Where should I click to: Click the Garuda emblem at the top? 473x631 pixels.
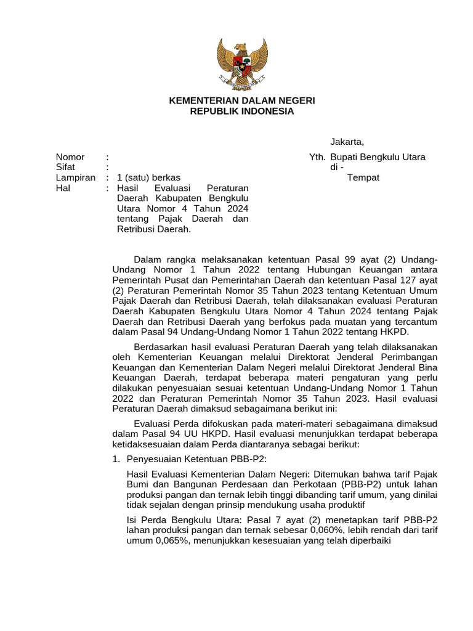click(x=242, y=63)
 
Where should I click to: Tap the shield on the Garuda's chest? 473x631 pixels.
click(x=242, y=62)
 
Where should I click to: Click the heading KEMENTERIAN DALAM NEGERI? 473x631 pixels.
click(x=242, y=100)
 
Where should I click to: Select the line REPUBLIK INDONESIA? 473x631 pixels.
click(x=242, y=111)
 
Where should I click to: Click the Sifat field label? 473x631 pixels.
click(x=65, y=167)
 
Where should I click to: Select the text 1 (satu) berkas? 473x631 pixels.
click(x=148, y=177)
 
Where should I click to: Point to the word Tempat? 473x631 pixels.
click(x=363, y=177)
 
